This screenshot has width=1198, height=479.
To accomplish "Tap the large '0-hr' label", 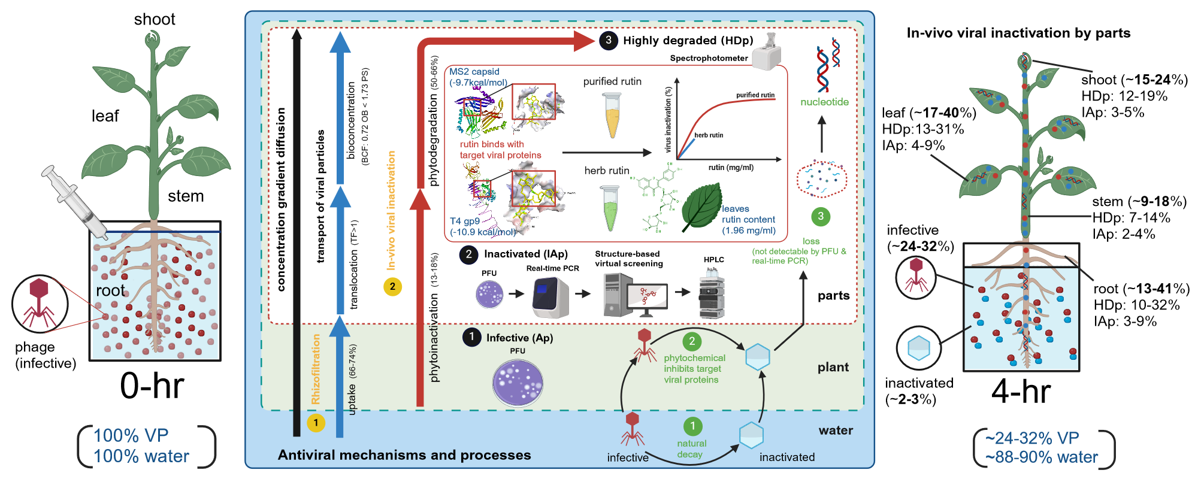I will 152,386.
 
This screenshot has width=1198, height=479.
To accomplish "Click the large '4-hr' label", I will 1021,392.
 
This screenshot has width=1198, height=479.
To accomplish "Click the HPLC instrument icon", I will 712,293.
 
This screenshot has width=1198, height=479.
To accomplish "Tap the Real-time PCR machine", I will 550,296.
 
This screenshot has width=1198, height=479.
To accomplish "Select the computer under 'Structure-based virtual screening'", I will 635,295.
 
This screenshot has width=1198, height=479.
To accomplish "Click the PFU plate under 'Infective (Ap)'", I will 518,383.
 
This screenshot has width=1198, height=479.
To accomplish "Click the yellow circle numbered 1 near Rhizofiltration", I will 316,423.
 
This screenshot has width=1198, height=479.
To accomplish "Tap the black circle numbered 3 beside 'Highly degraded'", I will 608,40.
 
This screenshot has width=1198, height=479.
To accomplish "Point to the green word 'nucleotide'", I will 824,102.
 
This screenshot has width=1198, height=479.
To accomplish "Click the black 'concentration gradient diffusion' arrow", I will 296,234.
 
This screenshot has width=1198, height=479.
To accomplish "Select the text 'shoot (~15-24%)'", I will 1134,80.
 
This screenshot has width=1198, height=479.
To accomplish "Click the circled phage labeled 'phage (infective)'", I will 40,304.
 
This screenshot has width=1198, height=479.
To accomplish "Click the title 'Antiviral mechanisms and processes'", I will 404,455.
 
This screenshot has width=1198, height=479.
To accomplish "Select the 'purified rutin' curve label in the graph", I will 755,95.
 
